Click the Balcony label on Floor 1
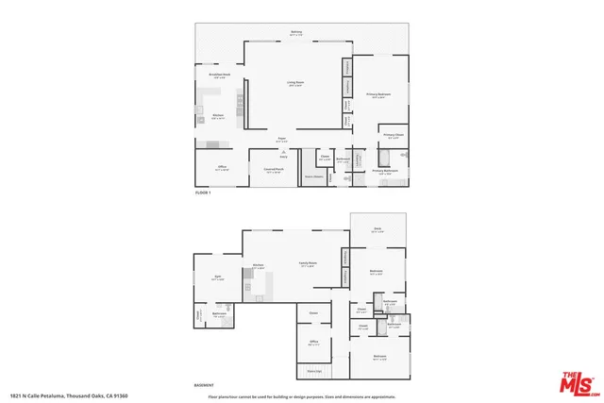(296, 33)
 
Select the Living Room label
(295, 83)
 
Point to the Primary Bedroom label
(378, 95)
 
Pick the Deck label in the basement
(377, 229)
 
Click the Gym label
(217, 279)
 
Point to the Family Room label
(308, 265)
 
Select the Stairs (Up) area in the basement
(314, 371)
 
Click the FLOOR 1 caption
(202, 192)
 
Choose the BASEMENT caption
(203, 383)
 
